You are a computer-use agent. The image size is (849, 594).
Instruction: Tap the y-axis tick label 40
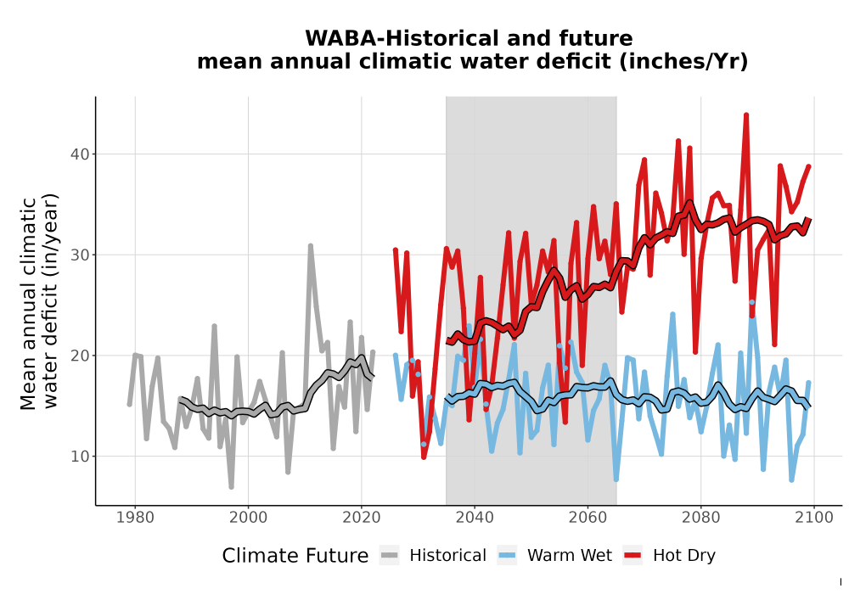80,154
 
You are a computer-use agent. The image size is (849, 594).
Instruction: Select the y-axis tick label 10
80,456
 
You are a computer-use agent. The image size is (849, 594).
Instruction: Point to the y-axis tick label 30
80,255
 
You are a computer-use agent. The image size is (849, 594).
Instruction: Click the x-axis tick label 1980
135,518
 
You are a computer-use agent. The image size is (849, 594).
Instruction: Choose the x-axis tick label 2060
588,518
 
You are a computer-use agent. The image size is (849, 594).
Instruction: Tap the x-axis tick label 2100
814,518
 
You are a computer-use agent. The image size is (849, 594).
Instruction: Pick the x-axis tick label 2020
361,518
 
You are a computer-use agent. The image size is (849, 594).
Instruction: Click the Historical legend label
447,556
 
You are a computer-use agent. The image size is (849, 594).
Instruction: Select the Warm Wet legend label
570,556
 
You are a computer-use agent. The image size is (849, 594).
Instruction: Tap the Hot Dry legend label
684,556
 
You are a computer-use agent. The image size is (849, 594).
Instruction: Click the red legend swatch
633,556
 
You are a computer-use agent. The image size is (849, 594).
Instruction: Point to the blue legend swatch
507,556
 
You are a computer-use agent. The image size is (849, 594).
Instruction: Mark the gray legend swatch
390,556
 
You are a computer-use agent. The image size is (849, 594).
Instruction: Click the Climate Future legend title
295,556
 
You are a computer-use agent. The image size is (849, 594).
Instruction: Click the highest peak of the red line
746,115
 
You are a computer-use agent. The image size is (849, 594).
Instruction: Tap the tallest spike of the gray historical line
310,246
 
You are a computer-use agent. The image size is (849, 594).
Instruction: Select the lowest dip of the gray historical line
231,487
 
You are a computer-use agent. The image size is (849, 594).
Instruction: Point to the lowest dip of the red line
424,457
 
